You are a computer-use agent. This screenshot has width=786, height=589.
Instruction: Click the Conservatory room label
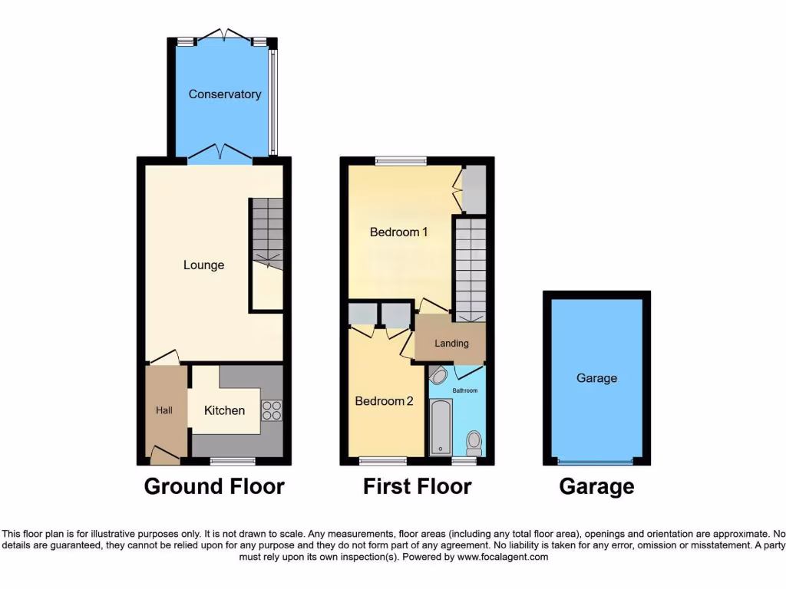[x=225, y=94]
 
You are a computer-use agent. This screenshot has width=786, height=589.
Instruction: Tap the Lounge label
[x=203, y=265]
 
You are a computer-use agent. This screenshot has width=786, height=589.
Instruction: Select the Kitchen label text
[x=224, y=410]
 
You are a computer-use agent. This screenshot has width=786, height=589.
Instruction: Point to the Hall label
[x=164, y=410]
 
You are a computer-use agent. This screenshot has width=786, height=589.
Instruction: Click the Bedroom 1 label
[x=398, y=232]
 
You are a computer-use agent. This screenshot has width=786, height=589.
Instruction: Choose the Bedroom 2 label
[x=384, y=401]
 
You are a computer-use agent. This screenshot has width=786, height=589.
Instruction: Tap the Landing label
[x=451, y=343]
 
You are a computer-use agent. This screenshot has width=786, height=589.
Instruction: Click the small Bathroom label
[x=464, y=390]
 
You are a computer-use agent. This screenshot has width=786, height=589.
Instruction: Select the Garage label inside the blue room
[x=596, y=378]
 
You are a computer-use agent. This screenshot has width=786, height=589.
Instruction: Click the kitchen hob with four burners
[x=271, y=410]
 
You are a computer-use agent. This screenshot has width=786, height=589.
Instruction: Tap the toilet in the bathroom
[x=474, y=442]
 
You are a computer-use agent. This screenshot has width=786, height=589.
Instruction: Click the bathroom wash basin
[x=438, y=376]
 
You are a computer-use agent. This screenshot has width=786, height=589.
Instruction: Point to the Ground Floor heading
[x=214, y=486]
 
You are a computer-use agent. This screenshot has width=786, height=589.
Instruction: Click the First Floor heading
[x=417, y=486]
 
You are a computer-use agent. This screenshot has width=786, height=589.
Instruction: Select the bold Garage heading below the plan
[x=596, y=486]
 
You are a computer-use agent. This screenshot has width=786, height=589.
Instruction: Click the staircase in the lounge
[x=266, y=233]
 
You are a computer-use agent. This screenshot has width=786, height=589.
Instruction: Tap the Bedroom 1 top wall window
[x=401, y=161]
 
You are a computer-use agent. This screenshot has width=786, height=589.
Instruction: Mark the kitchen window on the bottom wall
[x=233, y=461]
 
